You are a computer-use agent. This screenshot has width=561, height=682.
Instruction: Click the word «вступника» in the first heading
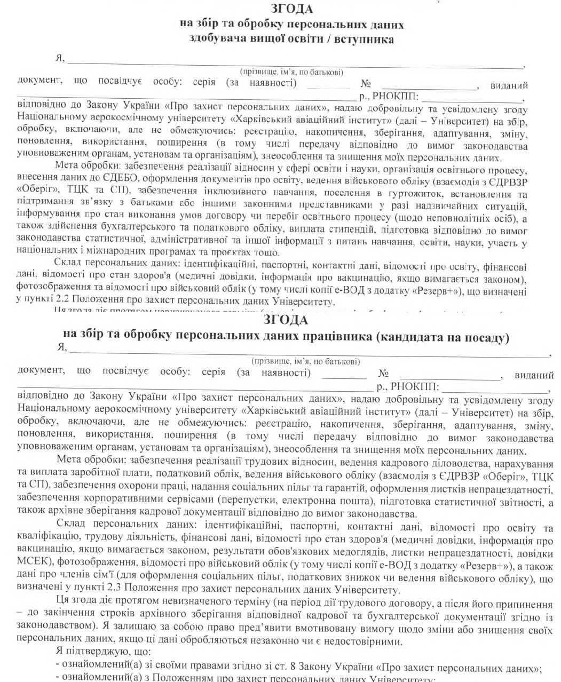click(364, 39)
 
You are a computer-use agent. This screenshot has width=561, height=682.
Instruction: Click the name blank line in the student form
click(294, 66)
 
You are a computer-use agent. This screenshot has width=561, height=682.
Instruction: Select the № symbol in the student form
click(366, 84)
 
